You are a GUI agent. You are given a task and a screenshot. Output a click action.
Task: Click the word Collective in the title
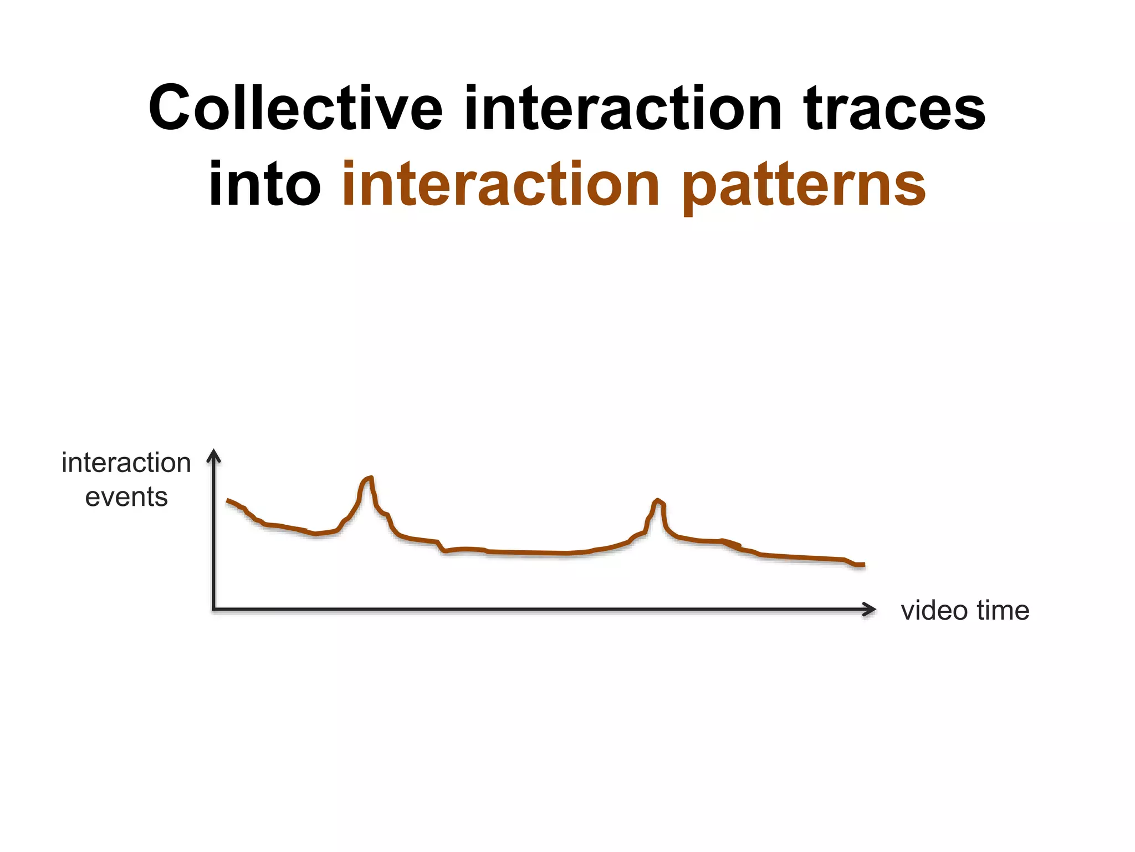[x=295, y=108]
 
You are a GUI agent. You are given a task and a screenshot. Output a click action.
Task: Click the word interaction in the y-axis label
[x=126, y=463]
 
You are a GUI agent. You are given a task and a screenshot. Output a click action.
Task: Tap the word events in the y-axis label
[x=126, y=497]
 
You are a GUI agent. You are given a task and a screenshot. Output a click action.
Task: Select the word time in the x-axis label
[x=1003, y=610]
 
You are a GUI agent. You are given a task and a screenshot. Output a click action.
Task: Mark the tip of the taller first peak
[x=370, y=478]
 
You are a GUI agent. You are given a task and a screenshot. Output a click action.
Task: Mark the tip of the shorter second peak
[x=658, y=500]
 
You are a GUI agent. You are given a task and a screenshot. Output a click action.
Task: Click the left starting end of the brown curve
[x=228, y=500]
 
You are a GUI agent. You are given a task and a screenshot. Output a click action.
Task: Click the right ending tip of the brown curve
[x=863, y=565]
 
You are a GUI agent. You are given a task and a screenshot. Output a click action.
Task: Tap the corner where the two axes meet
[x=214, y=609]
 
